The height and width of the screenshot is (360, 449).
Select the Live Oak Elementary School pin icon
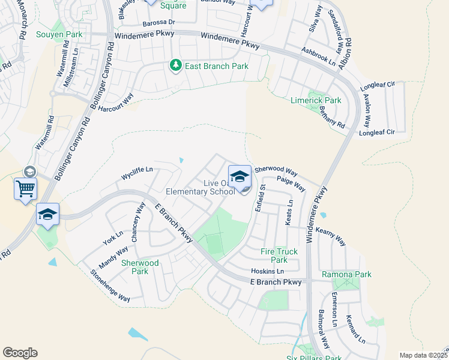pyautogui.click(x=240, y=176)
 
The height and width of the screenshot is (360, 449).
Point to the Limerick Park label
pyautogui.click(x=315, y=100)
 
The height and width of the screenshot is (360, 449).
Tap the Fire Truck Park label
pyautogui.click(x=279, y=256)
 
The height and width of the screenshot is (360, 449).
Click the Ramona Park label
pyautogui.click(x=346, y=274)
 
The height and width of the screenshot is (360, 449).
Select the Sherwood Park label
pyautogui.click(x=140, y=267)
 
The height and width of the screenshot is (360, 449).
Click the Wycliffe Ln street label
pyautogui.click(x=137, y=173)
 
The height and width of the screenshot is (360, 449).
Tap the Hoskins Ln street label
pyautogui.click(x=267, y=271)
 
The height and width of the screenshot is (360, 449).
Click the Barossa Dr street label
pyautogui.click(x=158, y=23)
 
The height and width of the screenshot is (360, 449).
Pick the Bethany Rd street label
pyautogui.click(x=332, y=116)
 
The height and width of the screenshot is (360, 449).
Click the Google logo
pyautogui.click(x=20, y=353)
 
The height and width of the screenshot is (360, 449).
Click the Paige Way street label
pyautogui.click(x=291, y=184)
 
